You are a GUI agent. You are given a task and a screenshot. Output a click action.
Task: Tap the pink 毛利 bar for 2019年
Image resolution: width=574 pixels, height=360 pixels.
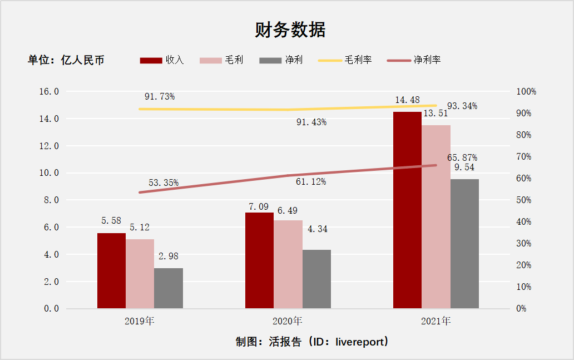tap(140, 273)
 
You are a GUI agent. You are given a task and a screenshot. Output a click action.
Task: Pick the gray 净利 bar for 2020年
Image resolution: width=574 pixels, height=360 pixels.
tap(316, 279)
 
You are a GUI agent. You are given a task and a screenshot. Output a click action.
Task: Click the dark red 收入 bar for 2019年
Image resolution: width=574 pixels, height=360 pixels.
tap(111, 270)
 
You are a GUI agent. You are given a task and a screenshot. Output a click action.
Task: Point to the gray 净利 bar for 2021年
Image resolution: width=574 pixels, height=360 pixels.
tap(464, 243)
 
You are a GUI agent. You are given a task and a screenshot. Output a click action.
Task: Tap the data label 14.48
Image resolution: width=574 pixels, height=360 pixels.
tap(407, 100)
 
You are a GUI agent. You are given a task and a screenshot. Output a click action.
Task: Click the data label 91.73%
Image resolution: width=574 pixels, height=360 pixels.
tap(160, 96)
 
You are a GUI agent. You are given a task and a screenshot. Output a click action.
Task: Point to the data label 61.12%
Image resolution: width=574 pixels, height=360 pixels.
tap(311, 182)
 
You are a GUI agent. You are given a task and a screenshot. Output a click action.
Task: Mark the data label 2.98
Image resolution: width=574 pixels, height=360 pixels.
tap(169, 257)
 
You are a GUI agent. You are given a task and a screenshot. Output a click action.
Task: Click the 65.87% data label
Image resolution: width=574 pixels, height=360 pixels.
tap(462, 157)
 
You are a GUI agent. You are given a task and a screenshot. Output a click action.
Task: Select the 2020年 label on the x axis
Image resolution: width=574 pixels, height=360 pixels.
tap(288, 321)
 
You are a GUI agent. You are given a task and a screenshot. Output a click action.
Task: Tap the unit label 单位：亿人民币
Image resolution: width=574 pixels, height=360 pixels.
tap(66, 60)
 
